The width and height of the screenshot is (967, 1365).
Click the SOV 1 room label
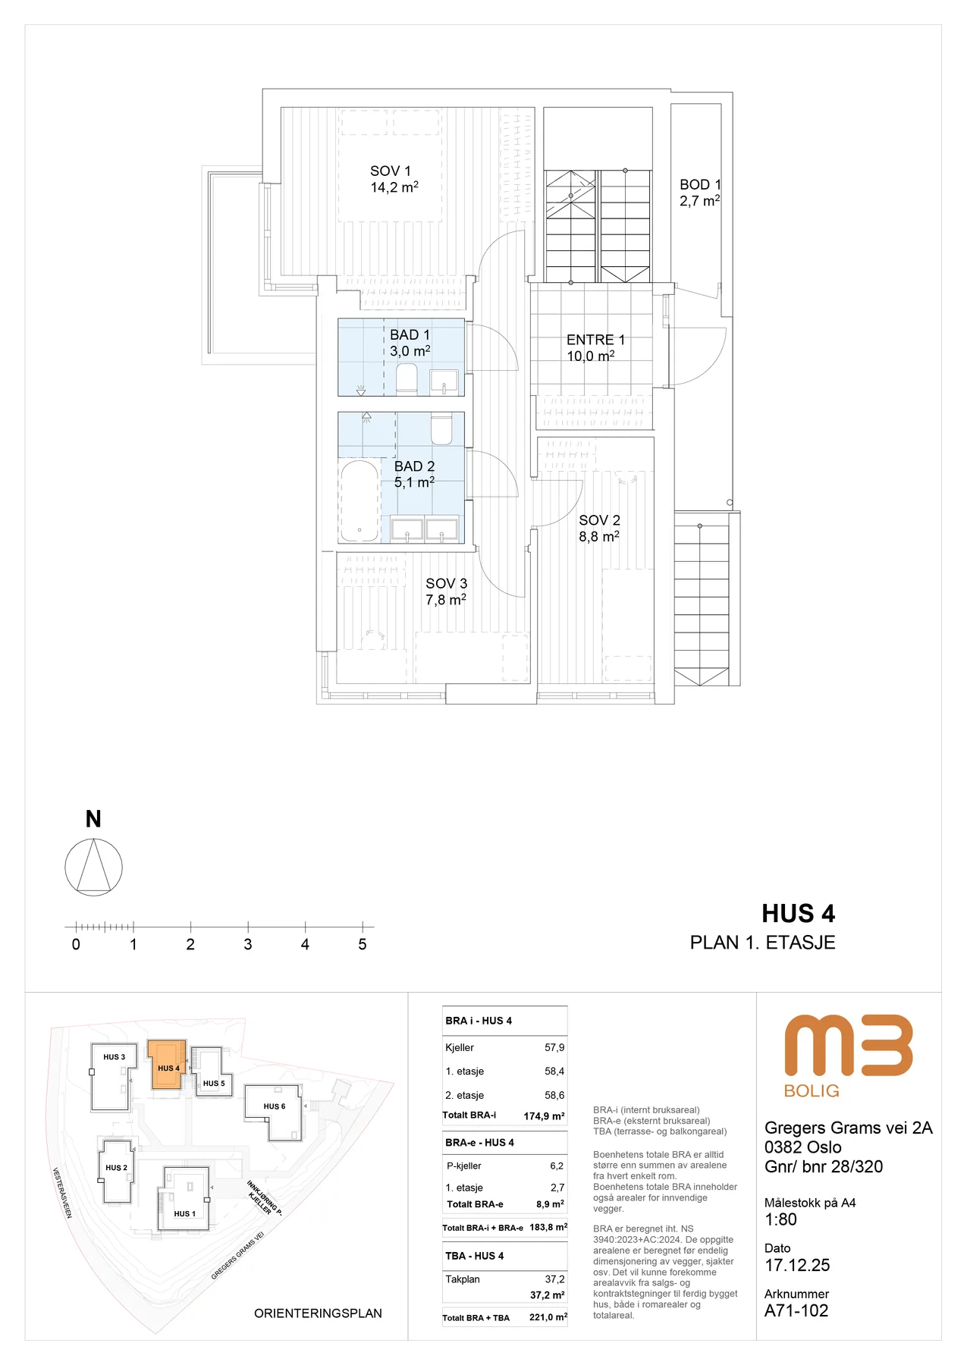[391, 171]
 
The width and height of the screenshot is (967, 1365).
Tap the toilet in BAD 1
[407, 378]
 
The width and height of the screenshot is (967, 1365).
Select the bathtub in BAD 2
[359, 501]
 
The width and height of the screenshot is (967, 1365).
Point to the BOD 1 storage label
[700, 184]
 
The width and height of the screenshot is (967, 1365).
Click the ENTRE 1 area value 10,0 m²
[591, 356]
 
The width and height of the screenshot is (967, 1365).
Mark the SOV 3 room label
[447, 583]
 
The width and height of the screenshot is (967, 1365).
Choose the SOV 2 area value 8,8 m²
[599, 536]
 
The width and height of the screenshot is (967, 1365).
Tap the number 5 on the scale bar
[363, 944]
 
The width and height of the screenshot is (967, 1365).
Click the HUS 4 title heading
[799, 914]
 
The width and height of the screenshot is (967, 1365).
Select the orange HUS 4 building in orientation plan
[167, 1065]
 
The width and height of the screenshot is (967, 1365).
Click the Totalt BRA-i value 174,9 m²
[545, 1116]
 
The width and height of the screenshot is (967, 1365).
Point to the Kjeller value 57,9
[554, 1047]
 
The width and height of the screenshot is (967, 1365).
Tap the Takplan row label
[463, 1279]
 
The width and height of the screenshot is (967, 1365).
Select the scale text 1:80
[780, 1219]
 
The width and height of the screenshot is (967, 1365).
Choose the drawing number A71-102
[796, 1310]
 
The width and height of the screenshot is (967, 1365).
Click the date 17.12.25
[797, 1265]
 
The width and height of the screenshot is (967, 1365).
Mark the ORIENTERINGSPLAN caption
[318, 1313]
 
